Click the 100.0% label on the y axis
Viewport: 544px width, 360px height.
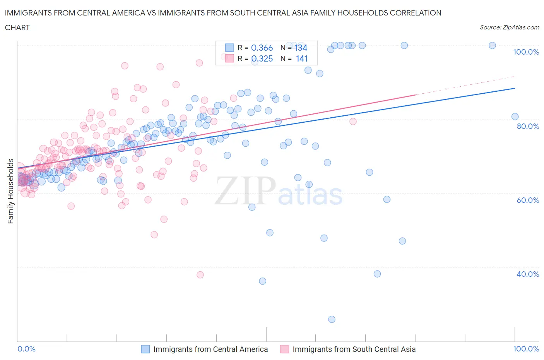(x=526, y=52)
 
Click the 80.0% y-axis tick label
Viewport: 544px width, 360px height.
(x=528, y=126)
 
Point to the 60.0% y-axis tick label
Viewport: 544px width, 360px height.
(x=528, y=200)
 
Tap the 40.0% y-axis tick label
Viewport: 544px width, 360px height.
(x=528, y=274)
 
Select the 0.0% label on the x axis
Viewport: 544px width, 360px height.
(x=26, y=349)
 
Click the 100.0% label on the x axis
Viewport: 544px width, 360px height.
(x=526, y=349)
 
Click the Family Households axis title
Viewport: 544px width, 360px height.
(x=10, y=191)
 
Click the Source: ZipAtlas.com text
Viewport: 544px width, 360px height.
(x=509, y=27)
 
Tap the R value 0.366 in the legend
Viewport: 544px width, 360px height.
(x=262, y=48)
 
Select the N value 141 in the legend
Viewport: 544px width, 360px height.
(x=301, y=58)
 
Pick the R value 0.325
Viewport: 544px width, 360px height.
(x=262, y=58)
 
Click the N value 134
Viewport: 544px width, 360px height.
(x=301, y=48)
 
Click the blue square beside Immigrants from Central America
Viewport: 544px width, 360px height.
(x=145, y=349)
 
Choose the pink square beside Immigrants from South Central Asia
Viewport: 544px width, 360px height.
(x=284, y=349)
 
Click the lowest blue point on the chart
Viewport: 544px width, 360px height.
(x=332, y=319)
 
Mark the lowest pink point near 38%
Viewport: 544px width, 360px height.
(x=200, y=275)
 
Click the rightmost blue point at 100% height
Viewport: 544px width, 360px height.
(x=492, y=45)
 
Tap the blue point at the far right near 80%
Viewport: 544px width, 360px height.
(x=515, y=117)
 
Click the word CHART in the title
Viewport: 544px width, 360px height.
(x=17, y=27)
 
